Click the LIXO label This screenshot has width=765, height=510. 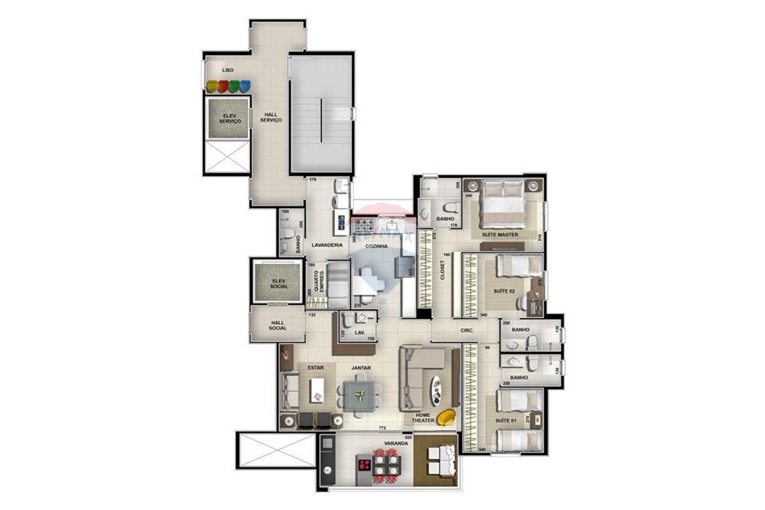227,70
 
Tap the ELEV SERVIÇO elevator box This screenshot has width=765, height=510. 229,119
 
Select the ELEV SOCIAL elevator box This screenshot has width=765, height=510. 278,284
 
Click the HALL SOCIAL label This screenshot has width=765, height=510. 278,325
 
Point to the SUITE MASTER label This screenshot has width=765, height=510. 500,235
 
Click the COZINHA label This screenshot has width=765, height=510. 376,246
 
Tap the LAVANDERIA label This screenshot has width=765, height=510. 327,245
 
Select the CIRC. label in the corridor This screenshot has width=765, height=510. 467,330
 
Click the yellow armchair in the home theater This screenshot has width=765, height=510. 446,417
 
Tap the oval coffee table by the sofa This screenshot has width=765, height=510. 436,390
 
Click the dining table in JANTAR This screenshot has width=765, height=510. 359,395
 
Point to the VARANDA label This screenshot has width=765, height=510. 396,443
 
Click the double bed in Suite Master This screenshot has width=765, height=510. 502,201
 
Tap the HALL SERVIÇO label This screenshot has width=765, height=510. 271,117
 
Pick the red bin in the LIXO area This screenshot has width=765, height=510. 223,86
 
